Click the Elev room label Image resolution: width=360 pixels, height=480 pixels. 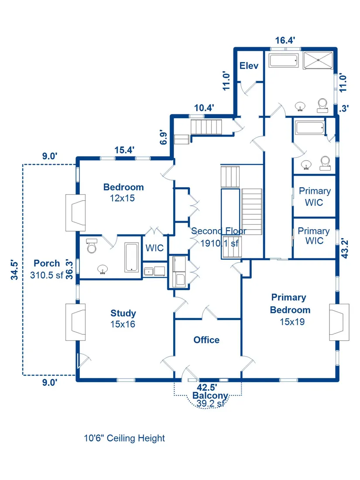(249, 66)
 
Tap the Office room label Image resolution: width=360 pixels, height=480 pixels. (206, 339)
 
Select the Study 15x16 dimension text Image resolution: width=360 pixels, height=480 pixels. (123, 324)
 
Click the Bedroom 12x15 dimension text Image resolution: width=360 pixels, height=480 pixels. (123, 198)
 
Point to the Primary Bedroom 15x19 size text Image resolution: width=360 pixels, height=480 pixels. (292, 322)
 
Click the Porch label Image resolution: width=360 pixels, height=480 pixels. (47, 263)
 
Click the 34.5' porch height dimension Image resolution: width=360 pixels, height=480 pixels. (15, 269)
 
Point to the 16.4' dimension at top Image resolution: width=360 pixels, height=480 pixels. (285, 41)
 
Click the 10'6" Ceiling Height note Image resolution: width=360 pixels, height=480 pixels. (124, 438)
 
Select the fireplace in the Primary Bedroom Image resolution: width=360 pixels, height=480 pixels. (339, 322)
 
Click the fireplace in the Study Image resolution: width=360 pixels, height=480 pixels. (75, 322)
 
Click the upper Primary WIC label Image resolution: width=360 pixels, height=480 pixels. (314, 196)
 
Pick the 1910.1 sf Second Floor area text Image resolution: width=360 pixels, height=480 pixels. (219, 243)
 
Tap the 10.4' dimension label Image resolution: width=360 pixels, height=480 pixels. (204, 108)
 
